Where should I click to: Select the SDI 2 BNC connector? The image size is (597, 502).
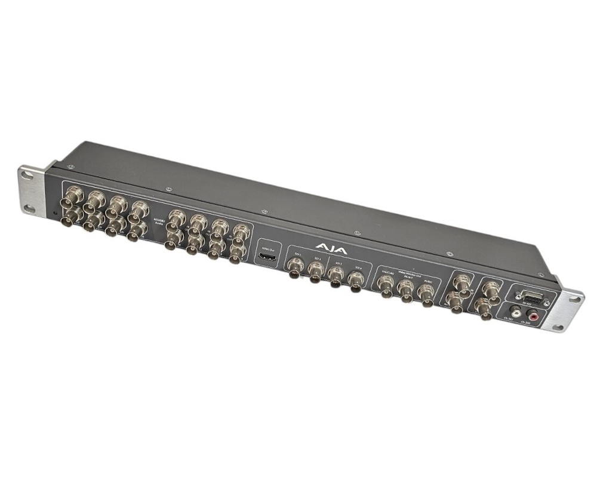pyautogui.click(x=316, y=272)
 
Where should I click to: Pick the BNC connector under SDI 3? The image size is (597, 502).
pyautogui.click(x=337, y=277)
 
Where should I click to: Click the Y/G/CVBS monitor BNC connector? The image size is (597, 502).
pyautogui.click(x=387, y=286)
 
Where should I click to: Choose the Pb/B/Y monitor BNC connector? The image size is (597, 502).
pyautogui.click(x=407, y=291)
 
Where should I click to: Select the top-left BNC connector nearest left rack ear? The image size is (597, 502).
pyautogui.click(x=75, y=195)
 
